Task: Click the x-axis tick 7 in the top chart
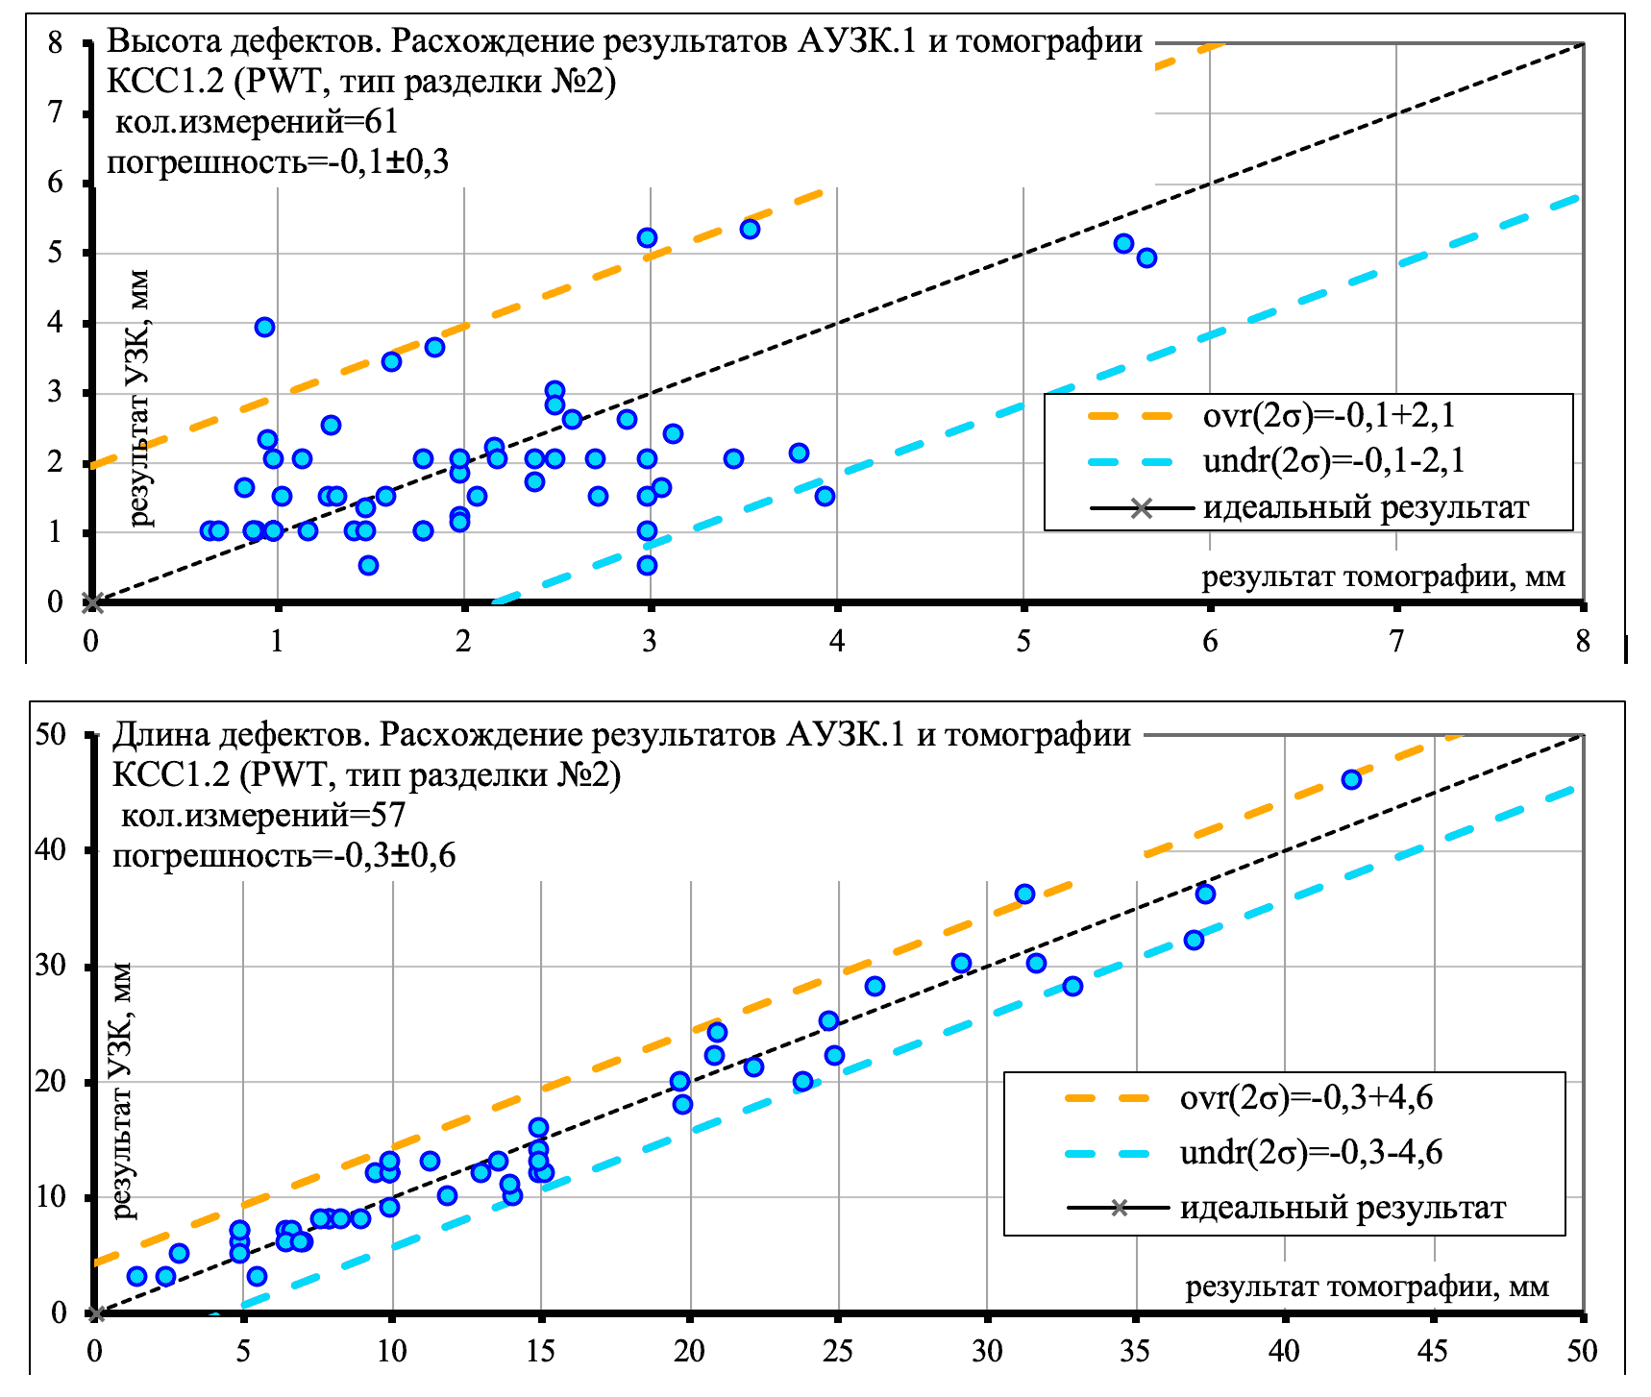1397,641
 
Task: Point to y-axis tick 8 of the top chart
55,43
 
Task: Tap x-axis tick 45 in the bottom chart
1433,1352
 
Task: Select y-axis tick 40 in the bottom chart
51,850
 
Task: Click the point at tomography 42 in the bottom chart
1351,779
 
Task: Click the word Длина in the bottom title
159,735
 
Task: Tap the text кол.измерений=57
262,816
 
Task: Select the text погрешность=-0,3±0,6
283,855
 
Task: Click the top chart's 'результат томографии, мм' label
1383,577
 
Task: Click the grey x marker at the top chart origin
93,603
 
